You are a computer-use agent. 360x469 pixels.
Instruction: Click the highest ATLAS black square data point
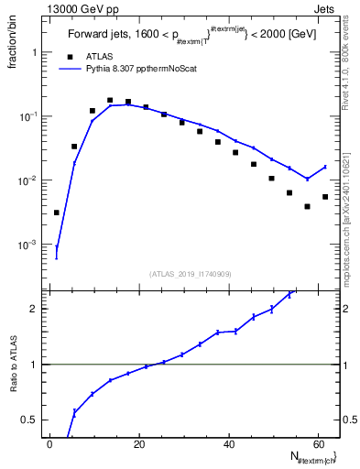click(x=110, y=101)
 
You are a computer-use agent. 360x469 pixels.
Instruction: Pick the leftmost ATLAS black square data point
click(x=57, y=213)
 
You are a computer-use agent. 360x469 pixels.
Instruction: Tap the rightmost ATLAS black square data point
click(x=325, y=197)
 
